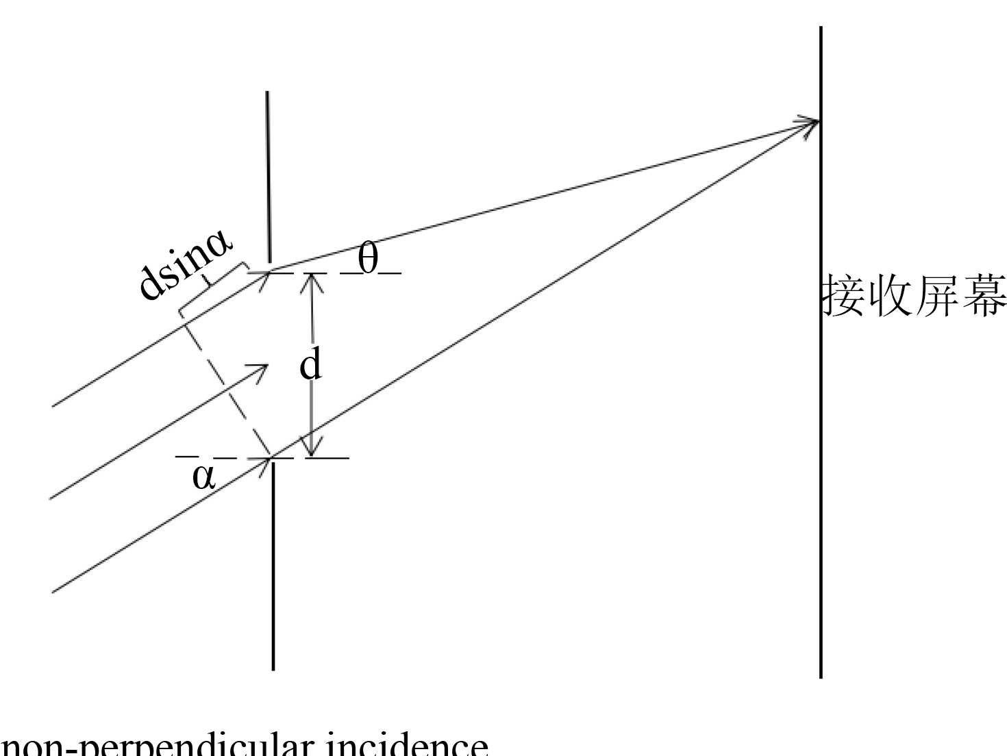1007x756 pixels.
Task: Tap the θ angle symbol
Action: [x=369, y=260]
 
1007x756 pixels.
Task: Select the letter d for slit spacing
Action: [x=310, y=365]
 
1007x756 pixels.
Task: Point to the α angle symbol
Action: [x=204, y=477]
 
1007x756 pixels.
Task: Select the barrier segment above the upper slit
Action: [x=268, y=178]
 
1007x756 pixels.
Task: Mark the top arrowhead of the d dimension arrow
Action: [x=312, y=279]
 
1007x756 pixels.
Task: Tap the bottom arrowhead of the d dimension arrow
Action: [x=312, y=449]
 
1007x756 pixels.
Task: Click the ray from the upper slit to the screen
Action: [x=541, y=197]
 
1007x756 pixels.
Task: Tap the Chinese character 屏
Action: [x=938, y=296]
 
